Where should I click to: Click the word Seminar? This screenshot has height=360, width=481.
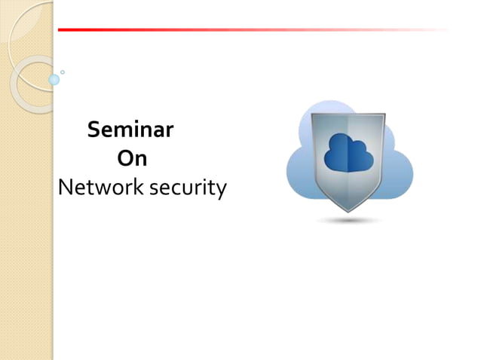click(130, 130)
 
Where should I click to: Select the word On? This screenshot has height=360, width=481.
click(132, 159)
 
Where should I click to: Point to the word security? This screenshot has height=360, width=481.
click(188, 189)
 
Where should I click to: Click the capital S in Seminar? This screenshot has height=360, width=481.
click(94, 130)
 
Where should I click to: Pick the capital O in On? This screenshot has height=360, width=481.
click(125, 159)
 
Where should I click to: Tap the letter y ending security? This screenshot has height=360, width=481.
click(221, 191)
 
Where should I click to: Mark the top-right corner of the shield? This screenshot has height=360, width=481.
click(384, 115)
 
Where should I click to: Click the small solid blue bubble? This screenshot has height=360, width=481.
click(54, 79)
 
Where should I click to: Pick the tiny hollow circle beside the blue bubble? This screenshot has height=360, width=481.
click(63, 72)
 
